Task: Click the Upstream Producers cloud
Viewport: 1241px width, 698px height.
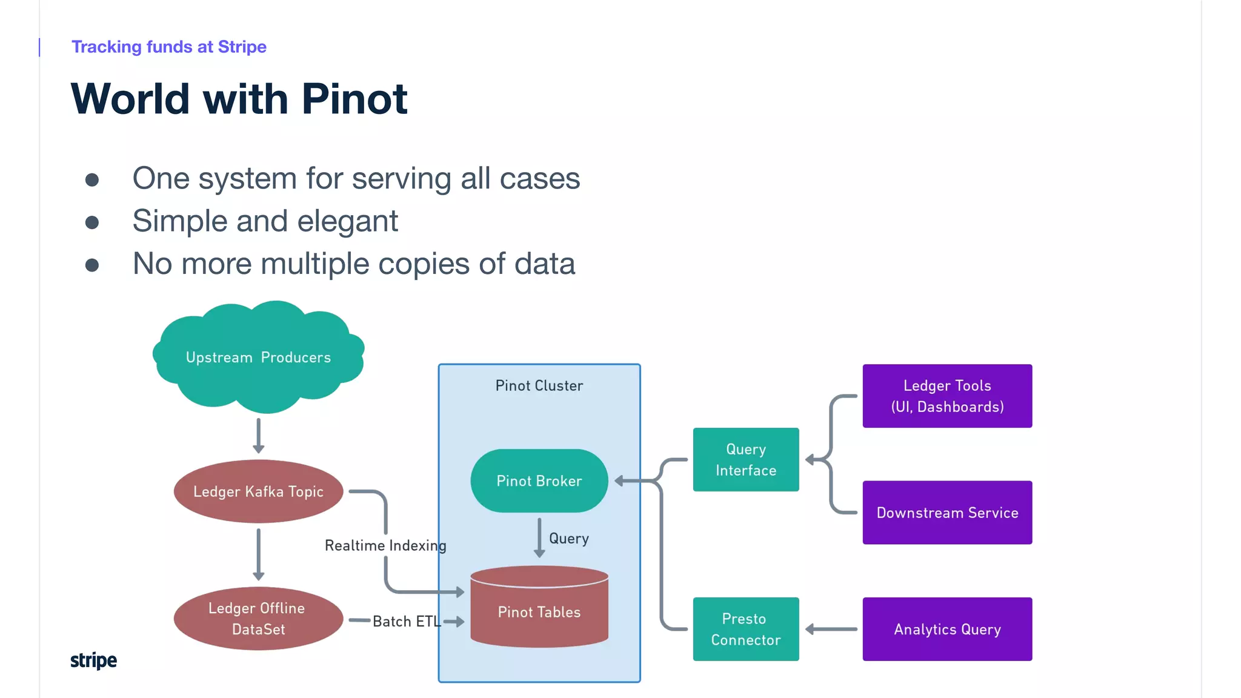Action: [259, 357]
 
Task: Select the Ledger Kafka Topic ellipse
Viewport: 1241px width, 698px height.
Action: [259, 491]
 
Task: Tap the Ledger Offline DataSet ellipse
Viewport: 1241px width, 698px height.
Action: [259, 619]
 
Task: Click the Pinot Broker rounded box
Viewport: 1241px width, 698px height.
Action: [539, 481]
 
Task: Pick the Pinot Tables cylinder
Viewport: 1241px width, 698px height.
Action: [539, 612]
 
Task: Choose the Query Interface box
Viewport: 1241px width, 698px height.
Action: [746, 460]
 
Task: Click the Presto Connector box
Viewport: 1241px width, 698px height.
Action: [746, 630]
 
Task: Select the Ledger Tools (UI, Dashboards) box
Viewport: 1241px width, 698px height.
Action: [947, 396]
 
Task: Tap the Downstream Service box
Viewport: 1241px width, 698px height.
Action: [947, 513]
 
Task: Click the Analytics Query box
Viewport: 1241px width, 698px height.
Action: [947, 630]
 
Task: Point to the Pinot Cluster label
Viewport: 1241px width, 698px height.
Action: [539, 386]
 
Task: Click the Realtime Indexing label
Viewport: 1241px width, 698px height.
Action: [385, 545]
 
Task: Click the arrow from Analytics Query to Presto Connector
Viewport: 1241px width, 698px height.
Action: [831, 630]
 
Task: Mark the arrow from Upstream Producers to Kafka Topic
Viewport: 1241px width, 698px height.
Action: [259, 435]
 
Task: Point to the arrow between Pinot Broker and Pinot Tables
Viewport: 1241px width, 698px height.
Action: [539, 537]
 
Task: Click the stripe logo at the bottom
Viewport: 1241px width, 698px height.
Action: [93, 660]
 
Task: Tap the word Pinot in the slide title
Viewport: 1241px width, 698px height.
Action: [354, 99]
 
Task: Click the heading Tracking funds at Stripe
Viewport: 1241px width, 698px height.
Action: [169, 47]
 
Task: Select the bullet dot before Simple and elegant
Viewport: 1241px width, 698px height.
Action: [92, 222]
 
